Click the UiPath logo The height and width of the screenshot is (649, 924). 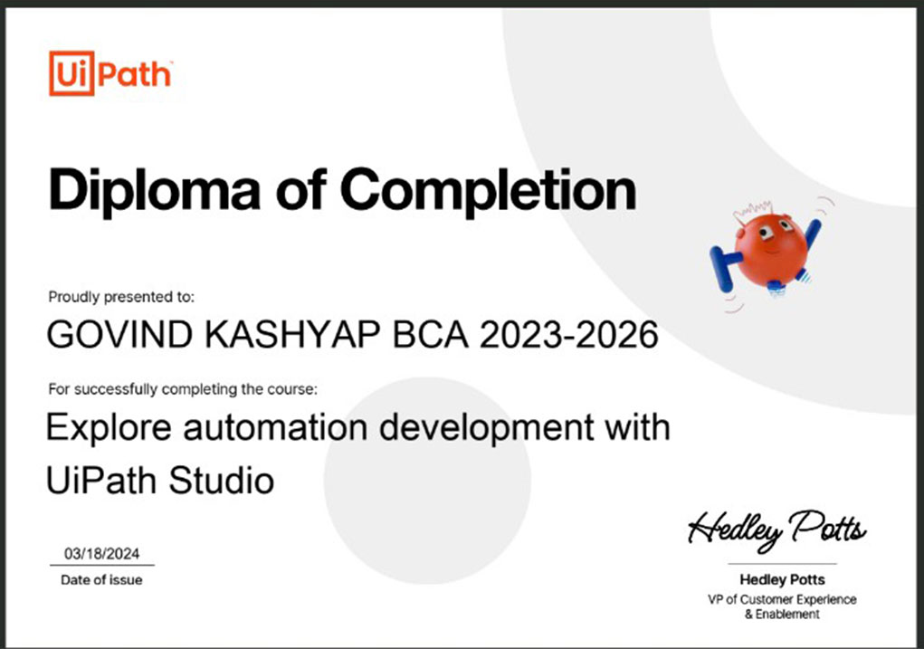110,73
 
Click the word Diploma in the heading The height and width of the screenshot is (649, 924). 155,190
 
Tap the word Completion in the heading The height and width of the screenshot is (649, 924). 489,190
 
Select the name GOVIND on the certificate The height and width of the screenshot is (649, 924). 119,334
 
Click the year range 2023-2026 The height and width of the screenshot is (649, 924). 568,334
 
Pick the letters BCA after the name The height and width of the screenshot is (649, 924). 430,334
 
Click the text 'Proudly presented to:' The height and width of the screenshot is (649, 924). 120,297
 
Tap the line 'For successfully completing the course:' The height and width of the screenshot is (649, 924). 183,389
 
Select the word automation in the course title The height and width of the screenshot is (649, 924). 275,426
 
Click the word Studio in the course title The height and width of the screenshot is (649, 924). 222,480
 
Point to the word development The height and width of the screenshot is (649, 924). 487,428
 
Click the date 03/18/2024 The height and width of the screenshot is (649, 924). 102,554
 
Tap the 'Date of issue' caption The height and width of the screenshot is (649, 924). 101,580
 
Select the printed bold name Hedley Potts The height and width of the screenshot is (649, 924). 782,579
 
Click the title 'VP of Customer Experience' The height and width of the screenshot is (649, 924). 782,599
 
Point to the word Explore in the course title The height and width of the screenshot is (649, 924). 109,428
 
